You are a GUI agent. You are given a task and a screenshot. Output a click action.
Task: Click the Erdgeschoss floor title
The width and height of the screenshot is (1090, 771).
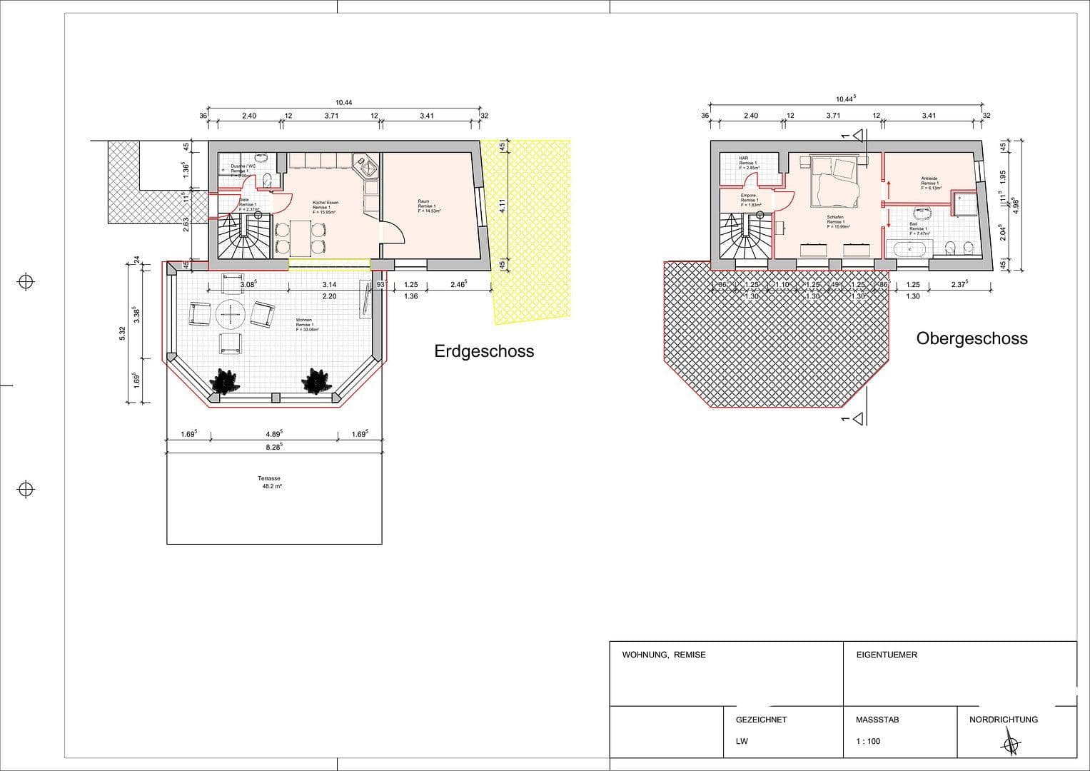tap(484, 351)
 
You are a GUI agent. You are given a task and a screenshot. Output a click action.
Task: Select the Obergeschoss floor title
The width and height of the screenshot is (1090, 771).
tap(972, 338)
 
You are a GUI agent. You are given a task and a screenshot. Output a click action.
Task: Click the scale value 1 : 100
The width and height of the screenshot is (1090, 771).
tap(868, 741)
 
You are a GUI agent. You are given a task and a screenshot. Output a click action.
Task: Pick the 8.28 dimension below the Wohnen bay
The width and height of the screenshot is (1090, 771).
tap(273, 446)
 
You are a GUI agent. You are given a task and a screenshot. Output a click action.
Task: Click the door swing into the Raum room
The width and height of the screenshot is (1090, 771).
tap(393, 232)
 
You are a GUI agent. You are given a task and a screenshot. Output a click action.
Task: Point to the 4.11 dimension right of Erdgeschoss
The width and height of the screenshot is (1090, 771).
tap(502, 206)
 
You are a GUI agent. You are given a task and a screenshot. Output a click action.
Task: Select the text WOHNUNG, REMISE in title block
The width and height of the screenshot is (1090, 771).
tap(663, 655)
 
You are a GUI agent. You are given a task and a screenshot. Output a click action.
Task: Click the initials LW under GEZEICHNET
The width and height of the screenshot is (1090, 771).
tap(742, 741)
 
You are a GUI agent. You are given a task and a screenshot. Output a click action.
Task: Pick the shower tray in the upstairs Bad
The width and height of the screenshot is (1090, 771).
tap(965, 203)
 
